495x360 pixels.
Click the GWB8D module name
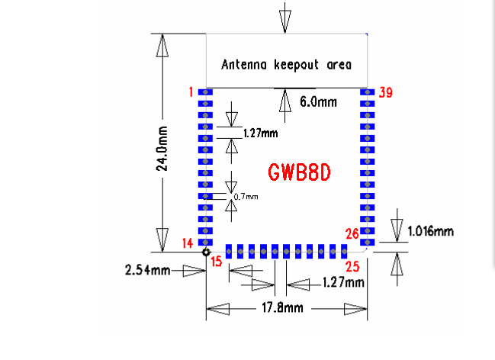click(299, 172)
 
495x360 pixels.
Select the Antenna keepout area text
click(286, 65)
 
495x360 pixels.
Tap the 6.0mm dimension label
click(318, 101)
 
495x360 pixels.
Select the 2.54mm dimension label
click(146, 270)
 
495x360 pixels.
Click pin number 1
click(190, 92)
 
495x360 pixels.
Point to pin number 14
click(188, 243)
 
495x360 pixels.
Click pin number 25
click(352, 265)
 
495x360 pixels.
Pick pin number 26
click(352, 234)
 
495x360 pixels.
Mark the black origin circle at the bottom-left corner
click(206, 251)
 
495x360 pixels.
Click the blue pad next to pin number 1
click(205, 92)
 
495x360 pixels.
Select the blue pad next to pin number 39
click(368, 92)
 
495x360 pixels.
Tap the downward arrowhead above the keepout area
click(285, 23)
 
